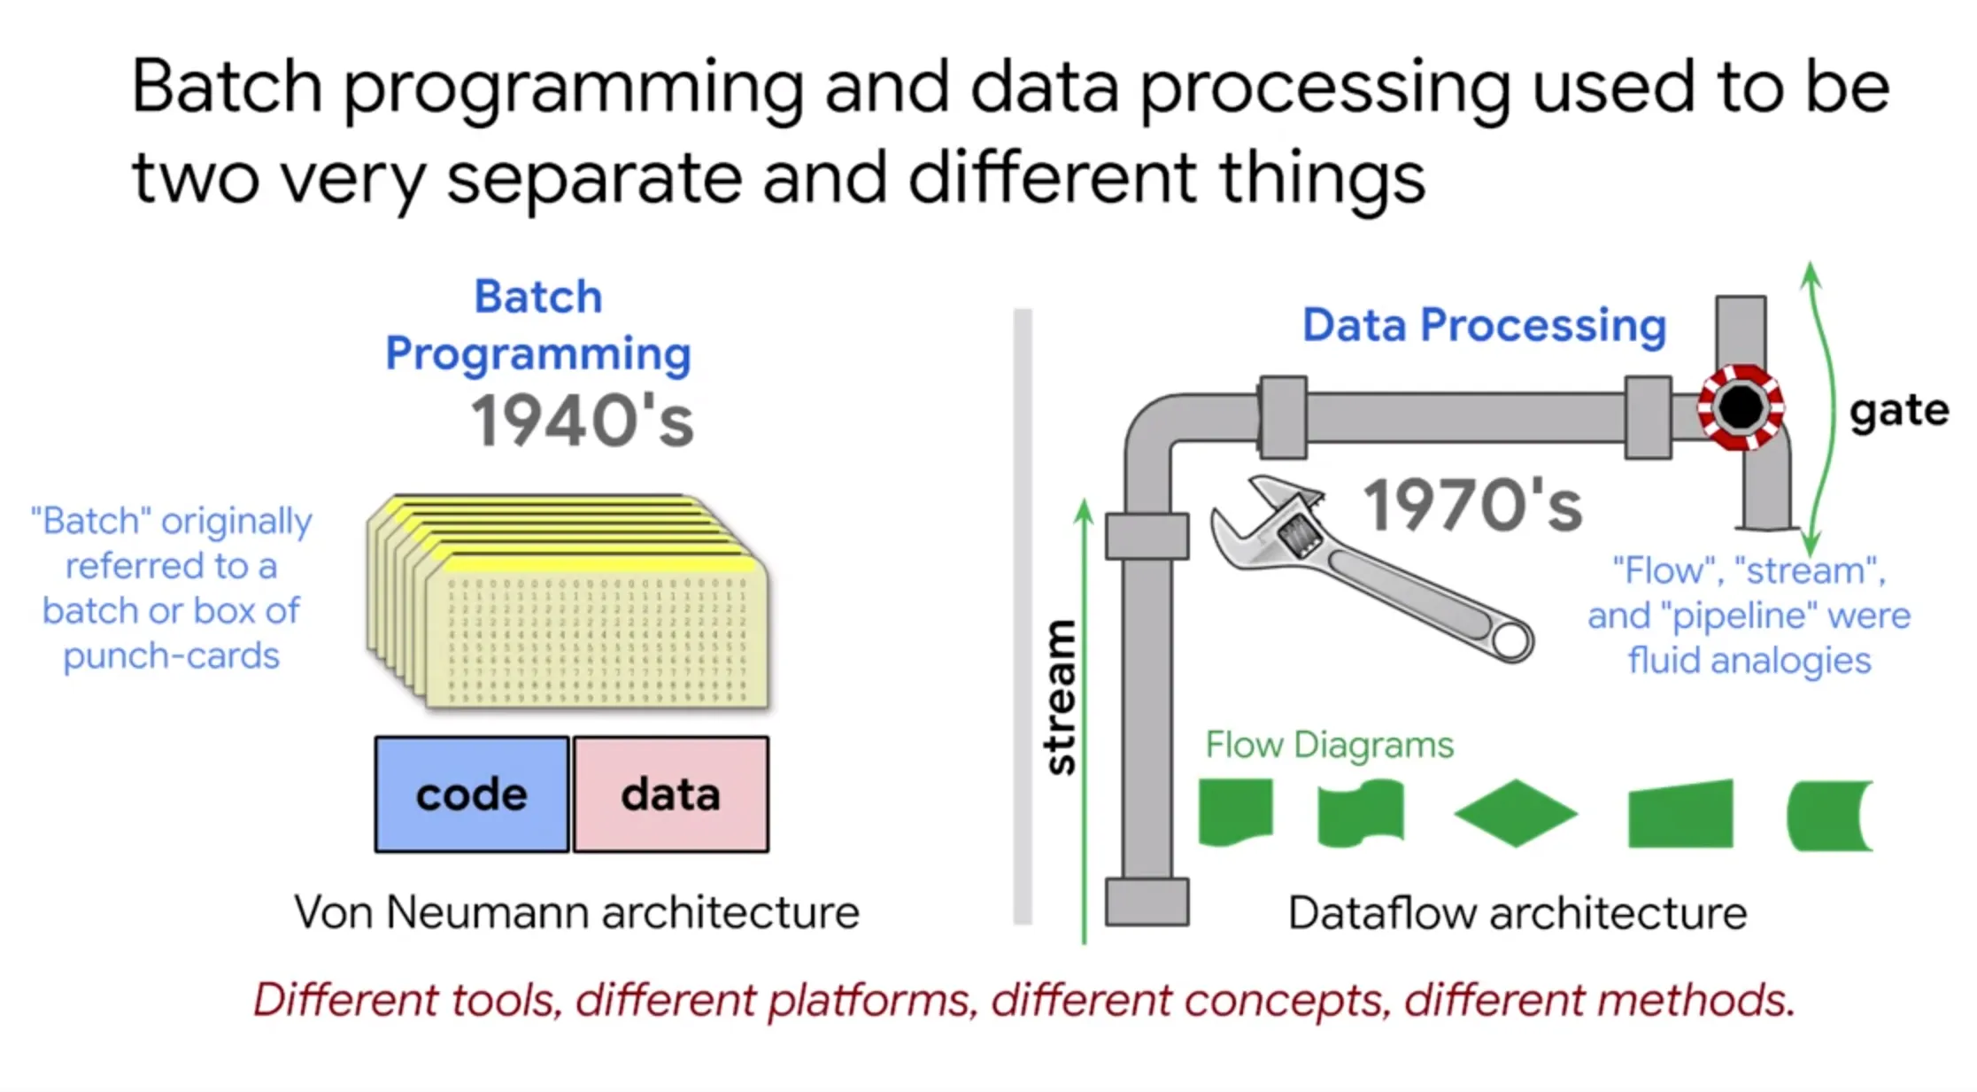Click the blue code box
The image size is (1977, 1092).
tap(472, 794)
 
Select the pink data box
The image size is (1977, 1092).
tap(671, 794)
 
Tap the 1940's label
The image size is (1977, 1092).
tap(582, 421)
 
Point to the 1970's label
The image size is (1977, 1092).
tap(1472, 505)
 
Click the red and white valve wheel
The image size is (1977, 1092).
tap(1741, 407)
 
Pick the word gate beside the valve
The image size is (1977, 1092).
tap(1899, 412)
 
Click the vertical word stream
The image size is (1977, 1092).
tap(1060, 697)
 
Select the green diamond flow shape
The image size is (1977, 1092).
tap(1516, 813)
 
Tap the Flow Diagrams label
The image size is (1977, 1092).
tap(1329, 745)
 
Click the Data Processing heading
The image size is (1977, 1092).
tap(1484, 325)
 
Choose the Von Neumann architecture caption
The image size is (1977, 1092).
tap(576, 912)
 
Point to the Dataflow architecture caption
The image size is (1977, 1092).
tap(1518, 913)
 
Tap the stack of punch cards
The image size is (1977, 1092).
tap(568, 602)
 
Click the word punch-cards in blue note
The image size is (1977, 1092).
tap(171, 656)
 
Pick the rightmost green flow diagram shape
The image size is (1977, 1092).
tap(1829, 815)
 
